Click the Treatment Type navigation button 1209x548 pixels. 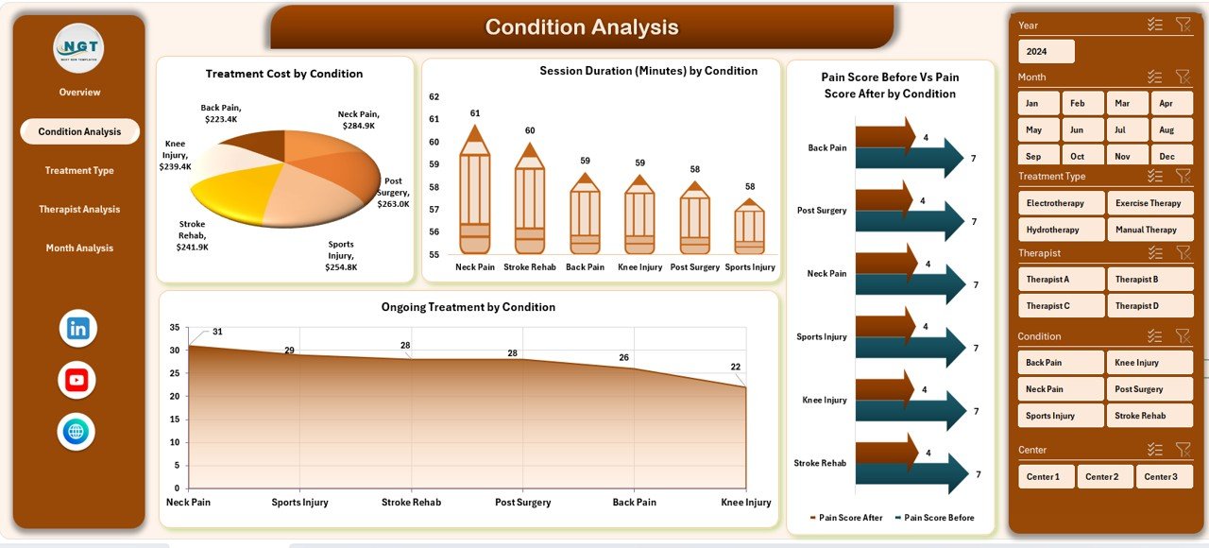pyautogui.click(x=79, y=171)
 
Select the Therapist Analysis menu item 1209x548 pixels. pyautogui.click(x=79, y=210)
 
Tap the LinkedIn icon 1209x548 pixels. pyautogui.click(x=77, y=329)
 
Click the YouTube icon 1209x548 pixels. pyautogui.click(x=77, y=380)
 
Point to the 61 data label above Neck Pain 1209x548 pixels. pyautogui.click(x=475, y=113)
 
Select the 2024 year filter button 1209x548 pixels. pyautogui.click(x=1046, y=51)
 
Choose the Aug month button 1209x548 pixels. pyautogui.click(x=1166, y=130)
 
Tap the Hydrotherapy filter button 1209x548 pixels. pyautogui.click(x=1062, y=230)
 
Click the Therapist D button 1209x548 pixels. pyautogui.click(x=1149, y=306)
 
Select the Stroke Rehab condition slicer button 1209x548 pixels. pyautogui.click(x=1149, y=416)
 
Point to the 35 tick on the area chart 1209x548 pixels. pyautogui.click(x=174, y=328)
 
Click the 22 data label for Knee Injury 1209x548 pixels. pyautogui.click(x=736, y=368)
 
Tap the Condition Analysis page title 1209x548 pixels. pyautogui.click(x=582, y=27)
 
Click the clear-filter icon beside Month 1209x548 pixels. pyautogui.click(x=1183, y=77)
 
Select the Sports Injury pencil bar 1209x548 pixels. pyautogui.click(x=750, y=229)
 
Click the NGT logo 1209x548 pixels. pyautogui.click(x=78, y=47)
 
